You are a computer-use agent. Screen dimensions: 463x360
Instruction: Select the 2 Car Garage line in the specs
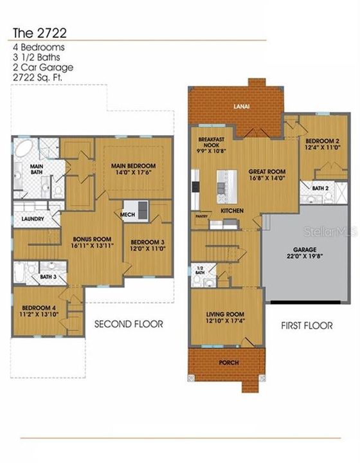42,67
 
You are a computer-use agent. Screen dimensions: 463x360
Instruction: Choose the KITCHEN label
233,211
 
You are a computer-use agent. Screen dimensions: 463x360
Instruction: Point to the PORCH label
228,363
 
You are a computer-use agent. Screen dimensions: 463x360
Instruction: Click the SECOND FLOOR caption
129,324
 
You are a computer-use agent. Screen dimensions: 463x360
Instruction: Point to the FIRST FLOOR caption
307,325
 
